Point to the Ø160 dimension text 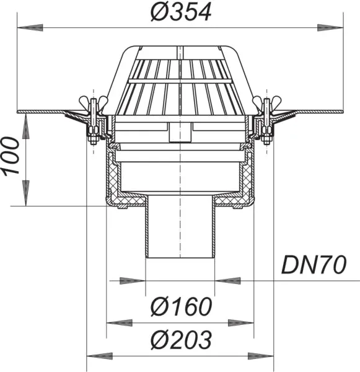click(181, 306)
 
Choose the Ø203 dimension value click(181, 339)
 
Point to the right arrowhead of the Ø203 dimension click(264, 356)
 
